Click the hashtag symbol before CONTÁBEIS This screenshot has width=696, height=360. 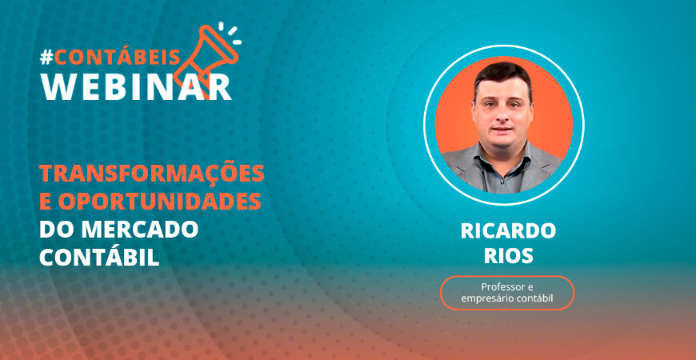(46, 58)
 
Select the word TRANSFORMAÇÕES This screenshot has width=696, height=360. (152, 174)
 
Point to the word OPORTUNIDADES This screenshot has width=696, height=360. (159, 202)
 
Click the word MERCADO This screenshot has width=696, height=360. (139, 229)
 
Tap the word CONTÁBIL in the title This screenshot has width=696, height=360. (99, 257)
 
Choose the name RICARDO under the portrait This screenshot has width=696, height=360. (508, 231)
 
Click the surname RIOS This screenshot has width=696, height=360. (508, 256)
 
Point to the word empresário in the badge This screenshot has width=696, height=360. (486, 298)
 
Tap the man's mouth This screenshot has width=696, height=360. (502, 130)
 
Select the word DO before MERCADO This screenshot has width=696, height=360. (58, 229)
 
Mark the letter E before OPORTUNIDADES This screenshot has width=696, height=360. (46, 202)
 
